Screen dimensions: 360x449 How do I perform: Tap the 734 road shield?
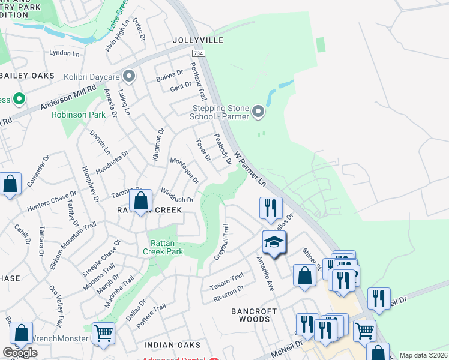tap(199, 54)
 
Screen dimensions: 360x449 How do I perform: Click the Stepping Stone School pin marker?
tap(258, 112)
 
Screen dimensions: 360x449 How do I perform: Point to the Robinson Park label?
tap(79, 115)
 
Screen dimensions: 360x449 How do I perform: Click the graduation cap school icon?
tap(274, 242)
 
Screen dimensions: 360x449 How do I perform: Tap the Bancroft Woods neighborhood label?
tap(255, 315)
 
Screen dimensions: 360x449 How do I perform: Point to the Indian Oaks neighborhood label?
tap(172, 345)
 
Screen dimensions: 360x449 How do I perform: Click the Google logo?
tap(20, 353)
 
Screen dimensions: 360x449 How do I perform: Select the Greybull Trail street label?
tap(221, 242)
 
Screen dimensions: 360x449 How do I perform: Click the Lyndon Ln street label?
tap(64, 53)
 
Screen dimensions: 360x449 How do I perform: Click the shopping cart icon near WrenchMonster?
tap(103, 333)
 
